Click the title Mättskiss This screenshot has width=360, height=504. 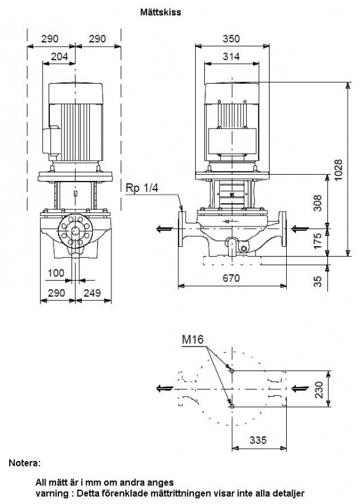click(x=161, y=12)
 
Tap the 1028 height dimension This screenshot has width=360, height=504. click(x=338, y=170)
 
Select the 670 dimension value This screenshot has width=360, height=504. click(x=231, y=278)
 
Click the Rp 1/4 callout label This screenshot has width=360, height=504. click(x=142, y=188)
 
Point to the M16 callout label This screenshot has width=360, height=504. click(x=193, y=339)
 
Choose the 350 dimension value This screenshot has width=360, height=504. click(x=231, y=39)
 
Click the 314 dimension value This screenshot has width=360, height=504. click(x=231, y=56)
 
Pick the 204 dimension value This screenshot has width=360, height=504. click(x=60, y=56)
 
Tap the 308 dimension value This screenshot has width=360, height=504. click(x=318, y=202)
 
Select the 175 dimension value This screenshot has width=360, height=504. click(x=318, y=241)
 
